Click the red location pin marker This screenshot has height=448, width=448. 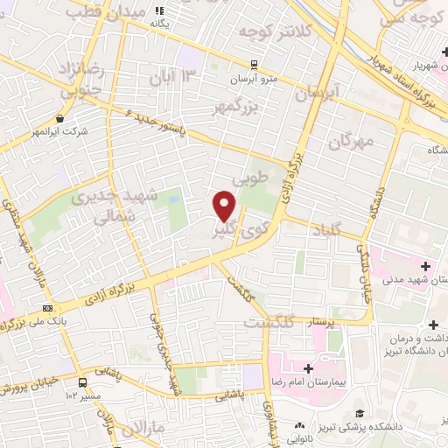coord(225,206)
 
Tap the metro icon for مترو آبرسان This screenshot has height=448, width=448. coord(253,65)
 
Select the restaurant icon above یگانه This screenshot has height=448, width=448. coord(159,10)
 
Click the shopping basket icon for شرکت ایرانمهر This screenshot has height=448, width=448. coord(59,118)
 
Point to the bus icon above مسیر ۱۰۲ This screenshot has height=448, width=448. coord(82,382)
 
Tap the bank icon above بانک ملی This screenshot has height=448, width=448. coord(46,307)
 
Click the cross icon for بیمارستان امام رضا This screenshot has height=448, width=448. coord(308,368)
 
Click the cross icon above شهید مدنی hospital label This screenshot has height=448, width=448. coord(426,266)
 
